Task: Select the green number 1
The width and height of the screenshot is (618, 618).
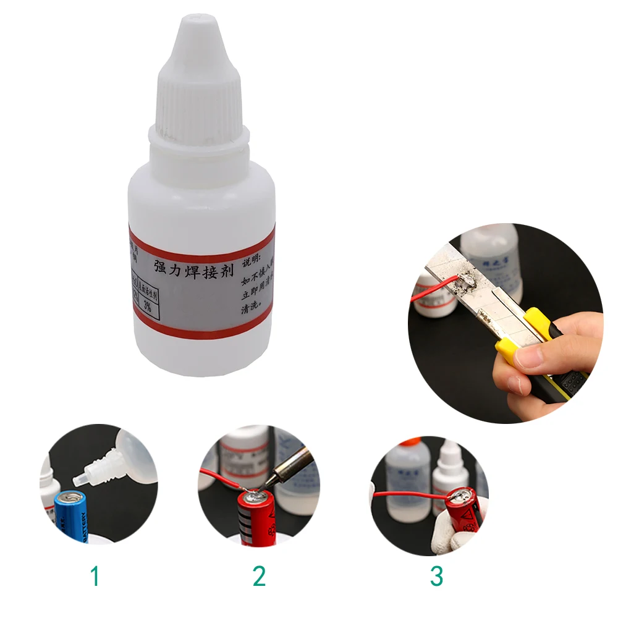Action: [x=95, y=576]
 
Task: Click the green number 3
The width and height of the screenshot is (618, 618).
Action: [x=437, y=576]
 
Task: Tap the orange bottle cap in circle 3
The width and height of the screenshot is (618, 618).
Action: [x=410, y=442]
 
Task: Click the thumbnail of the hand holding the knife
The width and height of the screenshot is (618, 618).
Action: [x=531, y=356]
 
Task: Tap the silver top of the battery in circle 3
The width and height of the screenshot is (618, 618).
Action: [x=461, y=495]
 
